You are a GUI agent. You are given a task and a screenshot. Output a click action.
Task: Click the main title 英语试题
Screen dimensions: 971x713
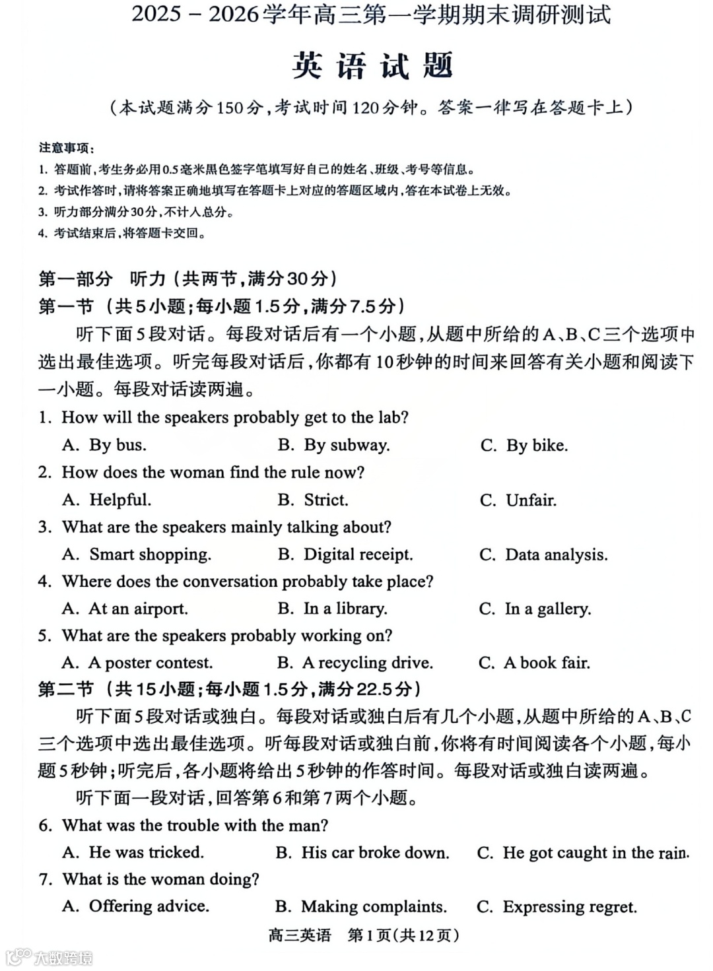tap(372, 66)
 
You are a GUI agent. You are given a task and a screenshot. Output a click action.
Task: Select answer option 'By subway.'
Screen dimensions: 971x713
tap(346, 445)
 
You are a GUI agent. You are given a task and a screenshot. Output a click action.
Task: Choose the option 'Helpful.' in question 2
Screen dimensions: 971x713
tap(119, 500)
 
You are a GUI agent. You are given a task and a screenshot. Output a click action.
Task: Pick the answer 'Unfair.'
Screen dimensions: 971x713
tap(530, 500)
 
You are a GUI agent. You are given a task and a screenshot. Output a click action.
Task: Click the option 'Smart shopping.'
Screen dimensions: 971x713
tap(150, 554)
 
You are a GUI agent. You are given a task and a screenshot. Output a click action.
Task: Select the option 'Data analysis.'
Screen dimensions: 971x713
tap(556, 554)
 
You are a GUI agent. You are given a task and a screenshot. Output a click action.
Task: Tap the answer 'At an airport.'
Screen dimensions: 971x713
tap(138, 609)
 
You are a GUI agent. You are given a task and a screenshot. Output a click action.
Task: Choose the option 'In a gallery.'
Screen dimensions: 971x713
tap(547, 609)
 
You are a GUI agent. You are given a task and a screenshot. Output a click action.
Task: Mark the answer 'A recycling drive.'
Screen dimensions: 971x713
tap(367, 663)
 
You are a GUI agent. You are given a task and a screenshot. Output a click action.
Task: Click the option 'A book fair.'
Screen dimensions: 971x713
tap(546, 663)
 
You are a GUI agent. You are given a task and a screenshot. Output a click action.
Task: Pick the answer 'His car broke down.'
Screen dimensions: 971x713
tap(374, 853)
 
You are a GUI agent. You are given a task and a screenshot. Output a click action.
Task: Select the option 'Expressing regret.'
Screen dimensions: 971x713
tap(569, 907)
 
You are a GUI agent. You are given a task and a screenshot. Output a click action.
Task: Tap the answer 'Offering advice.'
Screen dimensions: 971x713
tap(149, 907)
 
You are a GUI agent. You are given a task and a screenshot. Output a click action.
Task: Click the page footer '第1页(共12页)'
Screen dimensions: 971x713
tap(403, 935)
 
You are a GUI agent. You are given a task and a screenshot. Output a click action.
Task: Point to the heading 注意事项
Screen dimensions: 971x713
tap(65, 148)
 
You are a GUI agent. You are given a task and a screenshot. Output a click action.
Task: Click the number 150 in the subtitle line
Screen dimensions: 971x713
tap(230, 108)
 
